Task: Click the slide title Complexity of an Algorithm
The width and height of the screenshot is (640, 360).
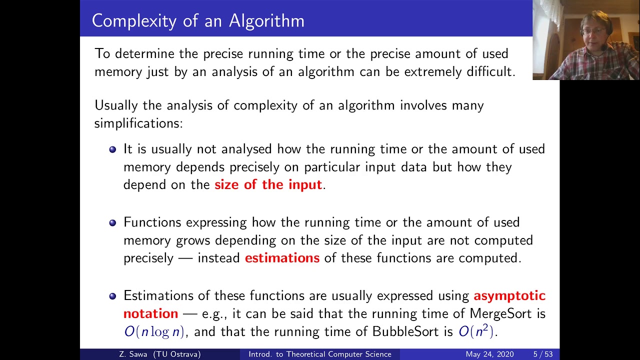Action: [198, 20]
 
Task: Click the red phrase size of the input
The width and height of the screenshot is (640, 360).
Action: [268, 184]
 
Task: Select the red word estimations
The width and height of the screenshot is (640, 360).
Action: [282, 258]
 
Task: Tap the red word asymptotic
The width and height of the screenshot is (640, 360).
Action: [509, 295]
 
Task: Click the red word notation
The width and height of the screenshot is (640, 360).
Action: [150, 313]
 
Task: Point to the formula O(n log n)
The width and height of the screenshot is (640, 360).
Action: [154, 331]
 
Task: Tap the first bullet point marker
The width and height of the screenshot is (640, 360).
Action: [112, 149]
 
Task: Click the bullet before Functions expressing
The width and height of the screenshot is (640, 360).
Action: [112, 222]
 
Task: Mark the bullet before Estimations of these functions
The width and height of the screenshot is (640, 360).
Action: [112, 296]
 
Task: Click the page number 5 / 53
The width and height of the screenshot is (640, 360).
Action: [542, 354]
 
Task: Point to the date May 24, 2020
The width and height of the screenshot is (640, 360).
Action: [489, 354]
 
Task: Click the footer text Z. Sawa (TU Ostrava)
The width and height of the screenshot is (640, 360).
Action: [160, 354]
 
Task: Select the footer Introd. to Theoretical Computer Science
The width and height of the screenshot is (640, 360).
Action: [320, 354]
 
